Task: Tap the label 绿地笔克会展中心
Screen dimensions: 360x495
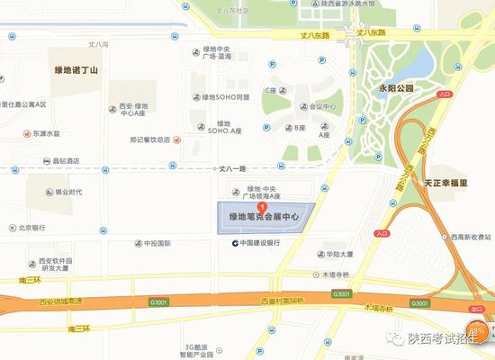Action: [x=267, y=218]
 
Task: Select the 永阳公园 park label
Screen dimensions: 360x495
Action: [x=396, y=89]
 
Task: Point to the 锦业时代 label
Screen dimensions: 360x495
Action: [x=67, y=191]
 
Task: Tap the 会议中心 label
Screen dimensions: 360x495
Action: [x=321, y=105]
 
